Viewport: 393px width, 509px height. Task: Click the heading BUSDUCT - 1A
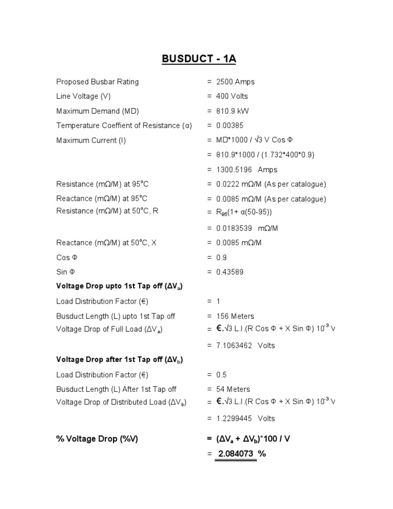[199, 59]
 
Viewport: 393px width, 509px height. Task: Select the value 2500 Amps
[235, 82]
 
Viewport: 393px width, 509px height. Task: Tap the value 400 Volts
[232, 96]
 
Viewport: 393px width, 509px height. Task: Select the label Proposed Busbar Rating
[97, 82]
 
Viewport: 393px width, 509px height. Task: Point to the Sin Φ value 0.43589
[230, 272]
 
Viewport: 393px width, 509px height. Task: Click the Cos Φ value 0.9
[222, 258]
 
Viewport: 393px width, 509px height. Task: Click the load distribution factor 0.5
[222, 375]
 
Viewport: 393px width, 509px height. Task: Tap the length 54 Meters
[233, 390]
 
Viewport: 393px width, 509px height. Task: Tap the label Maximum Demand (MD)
[97, 111]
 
